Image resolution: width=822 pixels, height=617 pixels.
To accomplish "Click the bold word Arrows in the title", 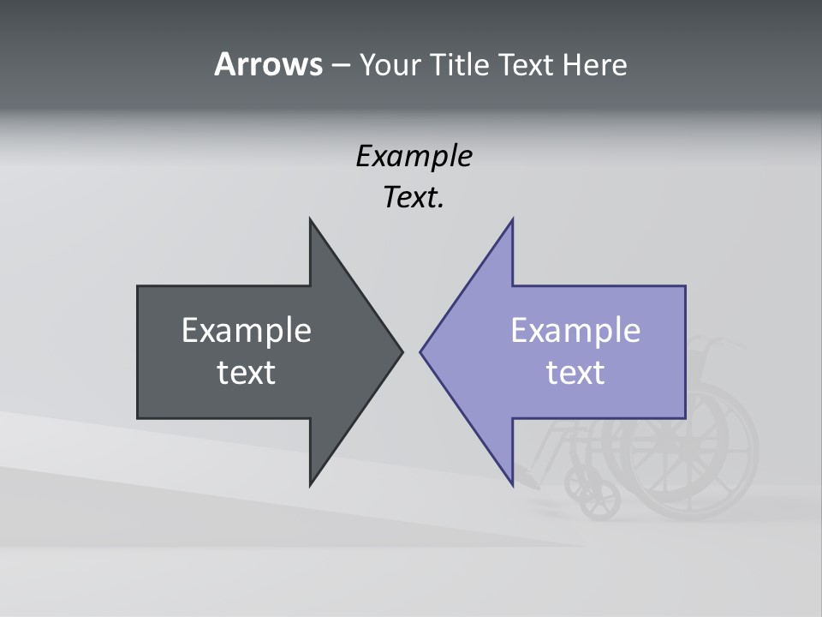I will click(x=267, y=64).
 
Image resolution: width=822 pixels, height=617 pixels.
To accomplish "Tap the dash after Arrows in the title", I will click(x=340, y=65).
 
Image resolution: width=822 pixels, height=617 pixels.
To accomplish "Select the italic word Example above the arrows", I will click(x=414, y=157).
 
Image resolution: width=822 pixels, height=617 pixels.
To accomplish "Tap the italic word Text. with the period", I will click(x=414, y=198).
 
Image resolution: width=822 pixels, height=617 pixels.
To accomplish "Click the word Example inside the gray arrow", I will click(x=247, y=330).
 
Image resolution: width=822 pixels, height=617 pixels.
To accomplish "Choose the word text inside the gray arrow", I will click(x=247, y=372).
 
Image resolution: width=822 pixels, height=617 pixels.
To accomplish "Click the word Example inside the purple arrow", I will click(x=575, y=330).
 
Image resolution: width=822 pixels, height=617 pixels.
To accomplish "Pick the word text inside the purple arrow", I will click(x=575, y=372).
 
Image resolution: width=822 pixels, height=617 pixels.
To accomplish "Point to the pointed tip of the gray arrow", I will click(x=402, y=351).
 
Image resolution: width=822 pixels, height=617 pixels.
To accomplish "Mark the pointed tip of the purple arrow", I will click(x=421, y=351).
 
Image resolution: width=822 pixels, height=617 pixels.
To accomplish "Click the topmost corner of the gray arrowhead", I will click(x=310, y=219).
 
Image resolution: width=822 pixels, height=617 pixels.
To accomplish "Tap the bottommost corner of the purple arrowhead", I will click(x=512, y=485).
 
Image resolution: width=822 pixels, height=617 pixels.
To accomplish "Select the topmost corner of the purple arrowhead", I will click(x=512, y=219).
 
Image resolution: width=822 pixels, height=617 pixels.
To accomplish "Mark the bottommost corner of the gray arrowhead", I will click(x=310, y=485).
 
